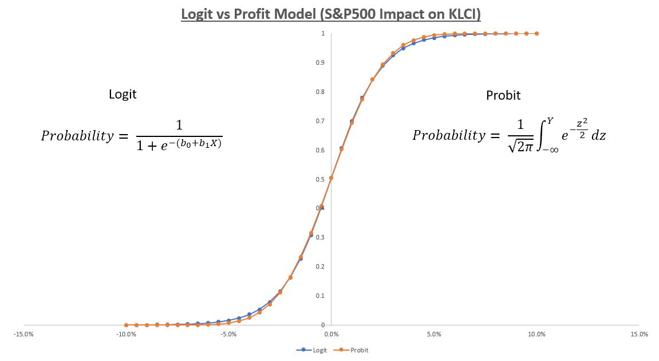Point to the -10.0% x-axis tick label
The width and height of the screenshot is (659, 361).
(125, 333)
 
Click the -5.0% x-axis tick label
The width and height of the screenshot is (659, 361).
(228, 333)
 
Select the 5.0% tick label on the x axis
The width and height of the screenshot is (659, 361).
(434, 333)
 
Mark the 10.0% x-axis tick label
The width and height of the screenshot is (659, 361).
(536, 333)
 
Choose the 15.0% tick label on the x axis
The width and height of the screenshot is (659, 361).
(639, 333)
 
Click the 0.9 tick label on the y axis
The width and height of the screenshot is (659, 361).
(323, 62)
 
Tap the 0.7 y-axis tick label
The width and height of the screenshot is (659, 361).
(323, 121)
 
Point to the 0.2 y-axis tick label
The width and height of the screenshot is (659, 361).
(323, 266)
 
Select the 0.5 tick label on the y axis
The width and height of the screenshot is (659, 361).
(323, 179)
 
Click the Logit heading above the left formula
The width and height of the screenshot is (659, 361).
(123, 95)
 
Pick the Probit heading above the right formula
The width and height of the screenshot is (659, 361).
(503, 96)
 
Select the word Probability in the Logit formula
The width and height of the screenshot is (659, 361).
(77, 136)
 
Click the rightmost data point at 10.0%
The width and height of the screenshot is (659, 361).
(536, 34)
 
